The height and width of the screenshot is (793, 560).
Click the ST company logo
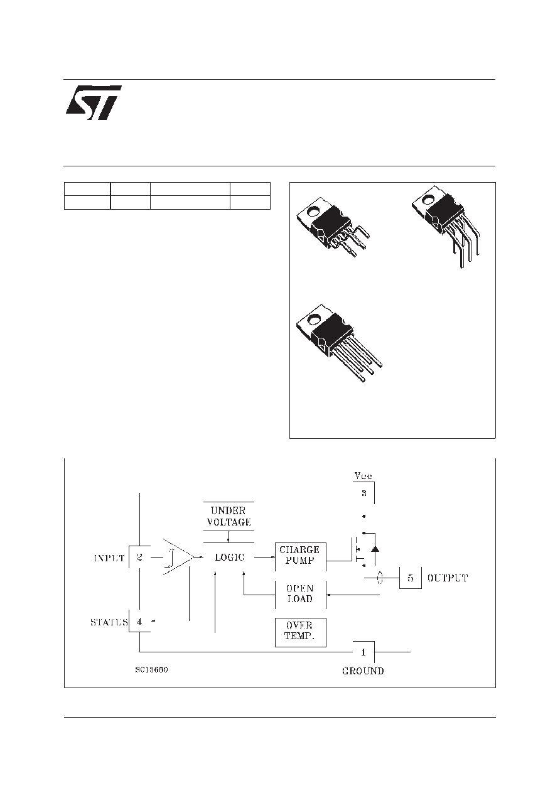(x=94, y=102)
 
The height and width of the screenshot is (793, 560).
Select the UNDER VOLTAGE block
(x=229, y=516)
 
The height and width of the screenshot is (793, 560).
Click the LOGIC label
(x=229, y=557)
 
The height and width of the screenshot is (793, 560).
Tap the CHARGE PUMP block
(x=301, y=556)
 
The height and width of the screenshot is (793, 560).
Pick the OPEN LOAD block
(x=301, y=595)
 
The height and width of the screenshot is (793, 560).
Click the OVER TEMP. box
(x=301, y=632)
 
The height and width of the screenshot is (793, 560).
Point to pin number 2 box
(x=139, y=557)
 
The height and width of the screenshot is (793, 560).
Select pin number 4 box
(x=139, y=621)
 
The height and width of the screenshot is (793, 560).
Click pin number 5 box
(x=410, y=578)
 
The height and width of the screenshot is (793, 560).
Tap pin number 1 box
(x=363, y=652)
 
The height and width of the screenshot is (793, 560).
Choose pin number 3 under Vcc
(x=364, y=493)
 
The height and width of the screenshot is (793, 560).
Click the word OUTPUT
(x=448, y=578)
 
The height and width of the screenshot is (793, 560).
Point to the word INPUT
(x=109, y=558)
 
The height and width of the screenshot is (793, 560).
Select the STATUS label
(x=109, y=622)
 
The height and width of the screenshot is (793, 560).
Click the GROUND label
(x=363, y=671)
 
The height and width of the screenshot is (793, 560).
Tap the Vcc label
(x=363, y=475)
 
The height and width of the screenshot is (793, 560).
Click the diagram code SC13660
(x=151, y=670)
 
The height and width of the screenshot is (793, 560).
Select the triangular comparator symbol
(x=178, y=557)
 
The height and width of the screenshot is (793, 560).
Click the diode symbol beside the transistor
(x=375, y=549)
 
